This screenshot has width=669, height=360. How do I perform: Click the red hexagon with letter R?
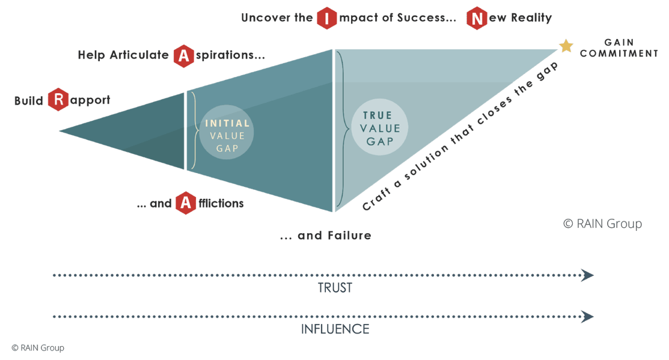click(57, 100)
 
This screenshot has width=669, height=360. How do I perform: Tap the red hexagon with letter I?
click(326, 18)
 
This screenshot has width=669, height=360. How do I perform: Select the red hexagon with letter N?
click(477, 18)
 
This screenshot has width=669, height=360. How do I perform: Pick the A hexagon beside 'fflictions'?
click(186, 204)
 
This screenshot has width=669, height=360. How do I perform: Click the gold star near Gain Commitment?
click(566, 46)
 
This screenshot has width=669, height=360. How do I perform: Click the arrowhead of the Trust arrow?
click(588, 275)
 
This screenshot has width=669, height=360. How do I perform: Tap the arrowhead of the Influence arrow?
click(588, 316)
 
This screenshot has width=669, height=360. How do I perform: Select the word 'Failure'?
click(349, 236)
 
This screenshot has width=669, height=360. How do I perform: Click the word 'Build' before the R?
click(28, 101)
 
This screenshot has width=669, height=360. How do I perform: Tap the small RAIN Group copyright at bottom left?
click(37, 347)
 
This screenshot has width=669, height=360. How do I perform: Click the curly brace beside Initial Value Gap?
click(193, 130)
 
